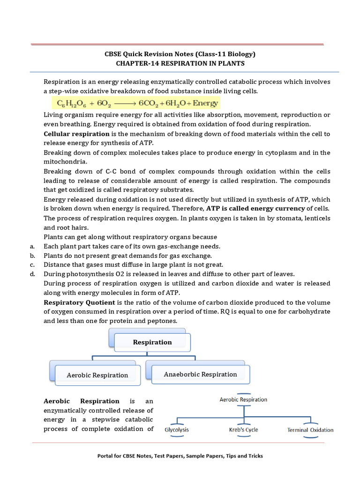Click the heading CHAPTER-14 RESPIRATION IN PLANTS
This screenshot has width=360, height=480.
coord(180,63)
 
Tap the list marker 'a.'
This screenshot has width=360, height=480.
coord(32,246)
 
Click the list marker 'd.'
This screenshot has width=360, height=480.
coord(32,274)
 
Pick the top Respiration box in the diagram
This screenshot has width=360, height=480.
coord(152,342)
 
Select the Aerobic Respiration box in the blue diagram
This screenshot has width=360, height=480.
coord(97,375)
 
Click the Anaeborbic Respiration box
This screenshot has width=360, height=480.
coord(200,374)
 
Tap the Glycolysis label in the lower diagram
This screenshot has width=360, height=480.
coord(177,429)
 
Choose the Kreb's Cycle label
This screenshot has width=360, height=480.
coord(243,429)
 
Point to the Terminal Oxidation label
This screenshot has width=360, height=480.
coord(310,430)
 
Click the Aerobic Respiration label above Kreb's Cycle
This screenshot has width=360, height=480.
coord(243,399)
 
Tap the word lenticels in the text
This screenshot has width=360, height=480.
coord(316,218)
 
